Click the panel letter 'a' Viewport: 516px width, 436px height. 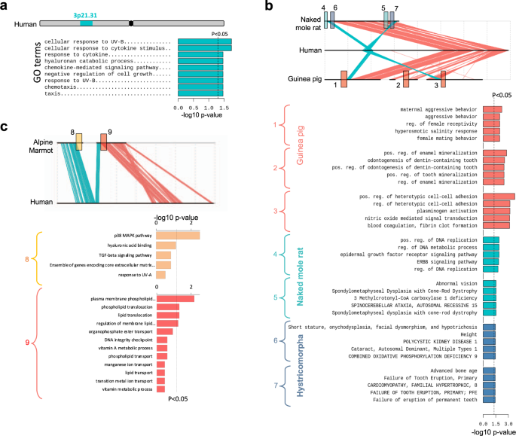(x=7, y=6)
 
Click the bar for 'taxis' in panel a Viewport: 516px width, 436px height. (x=199, y=95)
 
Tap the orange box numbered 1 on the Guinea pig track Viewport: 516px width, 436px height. (x=343, y=78)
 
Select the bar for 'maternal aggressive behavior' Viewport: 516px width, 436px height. (x=492, y=110)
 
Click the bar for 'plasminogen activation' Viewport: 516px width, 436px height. (x=496, y=211)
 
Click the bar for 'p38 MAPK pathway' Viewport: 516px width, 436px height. (x=178, y=236)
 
